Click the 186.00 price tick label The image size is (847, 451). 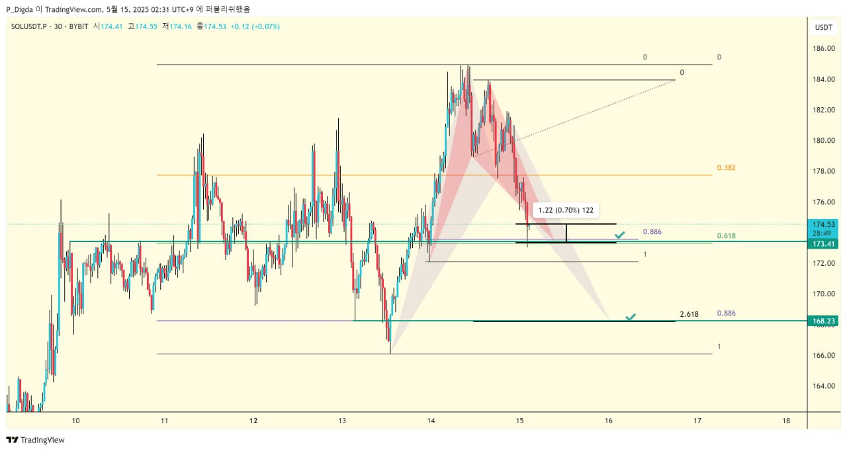[823, 49]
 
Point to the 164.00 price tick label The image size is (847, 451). [823, 386]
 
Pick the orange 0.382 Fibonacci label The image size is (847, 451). [726, 168]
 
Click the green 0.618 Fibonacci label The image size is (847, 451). [726, 236]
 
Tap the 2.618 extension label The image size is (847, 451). [689, 314]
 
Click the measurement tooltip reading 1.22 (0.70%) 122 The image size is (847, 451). [566, 210]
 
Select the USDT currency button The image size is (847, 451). [823, 27]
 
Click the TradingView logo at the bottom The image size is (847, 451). [36, 440]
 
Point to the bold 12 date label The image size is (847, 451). [253, 421]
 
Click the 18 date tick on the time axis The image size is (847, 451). [786, 421]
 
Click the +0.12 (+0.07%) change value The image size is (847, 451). [255, 26]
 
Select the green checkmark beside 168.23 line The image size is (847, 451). [631, 318]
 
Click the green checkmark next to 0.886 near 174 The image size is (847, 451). [619, 235]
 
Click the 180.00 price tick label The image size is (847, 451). [823, 140]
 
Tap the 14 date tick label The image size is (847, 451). [431, 421]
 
